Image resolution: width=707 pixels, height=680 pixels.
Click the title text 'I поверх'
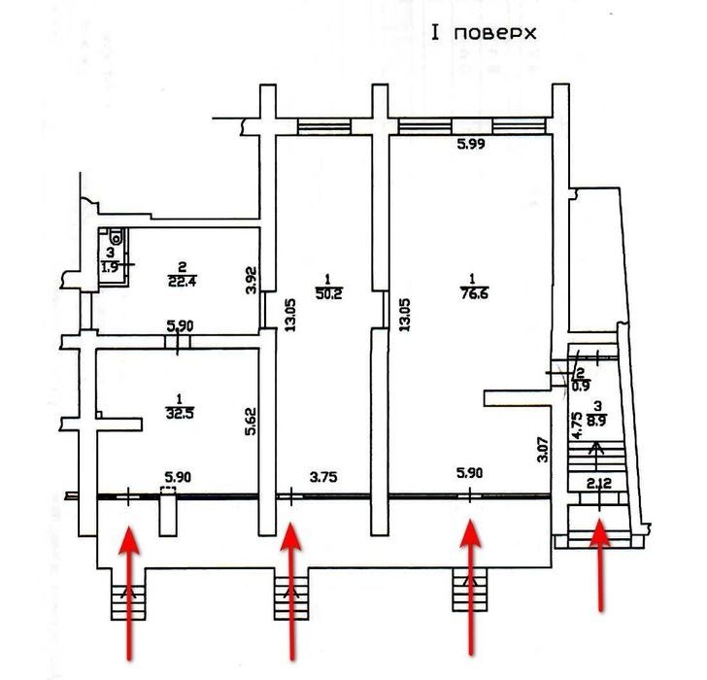[x=484, y=33]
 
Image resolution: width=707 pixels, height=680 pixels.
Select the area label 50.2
[x=329, y=294]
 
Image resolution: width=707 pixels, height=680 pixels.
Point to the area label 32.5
[x=180, y=413]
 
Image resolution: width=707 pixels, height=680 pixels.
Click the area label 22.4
[x=182, y=282]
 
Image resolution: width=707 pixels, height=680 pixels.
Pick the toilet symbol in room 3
[x=117, y=236]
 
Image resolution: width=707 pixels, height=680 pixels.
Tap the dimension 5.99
[x=471, y=144]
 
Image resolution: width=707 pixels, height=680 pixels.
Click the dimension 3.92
[x=252, y=281]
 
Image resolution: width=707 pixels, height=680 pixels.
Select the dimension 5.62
[x=251, y=422]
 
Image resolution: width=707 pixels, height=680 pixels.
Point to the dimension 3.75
[x=323, y=477]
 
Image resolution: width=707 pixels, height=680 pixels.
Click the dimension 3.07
[x=544, y=449]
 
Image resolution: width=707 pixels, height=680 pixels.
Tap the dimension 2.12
[x=599, y=484]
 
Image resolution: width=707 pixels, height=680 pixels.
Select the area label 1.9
[x=110, y=267]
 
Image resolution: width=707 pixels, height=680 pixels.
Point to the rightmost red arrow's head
[x=600, y=532]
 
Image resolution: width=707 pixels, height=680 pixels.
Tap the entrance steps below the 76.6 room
[x=470, y=590]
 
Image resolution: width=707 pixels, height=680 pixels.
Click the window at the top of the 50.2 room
[x=323, y=126]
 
